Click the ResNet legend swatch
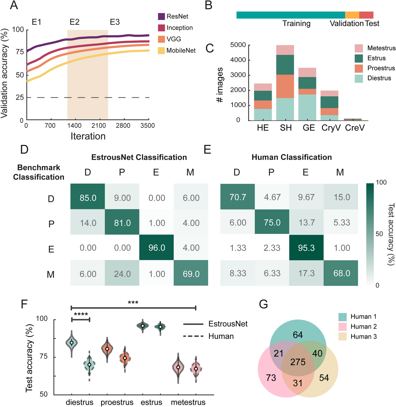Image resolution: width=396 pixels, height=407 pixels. pos(161,16)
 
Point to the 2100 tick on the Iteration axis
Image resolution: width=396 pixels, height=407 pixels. pos(99,125)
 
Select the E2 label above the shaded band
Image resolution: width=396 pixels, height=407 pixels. pos(74,22)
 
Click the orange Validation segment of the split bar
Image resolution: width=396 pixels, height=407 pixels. pos(352,15)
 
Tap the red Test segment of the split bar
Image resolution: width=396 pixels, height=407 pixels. pos(366,15)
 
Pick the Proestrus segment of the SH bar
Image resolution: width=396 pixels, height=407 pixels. pos(285,86)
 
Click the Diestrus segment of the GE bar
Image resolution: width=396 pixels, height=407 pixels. pos(307,107)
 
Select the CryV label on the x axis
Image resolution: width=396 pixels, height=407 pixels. pos(331,128)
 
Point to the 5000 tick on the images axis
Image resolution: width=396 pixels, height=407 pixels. pos(238,45)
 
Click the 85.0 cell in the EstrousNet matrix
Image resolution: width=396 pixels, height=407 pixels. pos(88,198)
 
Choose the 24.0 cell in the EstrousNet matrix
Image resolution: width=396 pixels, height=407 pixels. pos(122,274)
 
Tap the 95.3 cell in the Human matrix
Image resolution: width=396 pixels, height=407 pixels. pos(306,248)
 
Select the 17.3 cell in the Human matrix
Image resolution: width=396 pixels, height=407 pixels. pos(306,273)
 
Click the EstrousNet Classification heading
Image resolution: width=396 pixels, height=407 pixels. pos(139,157)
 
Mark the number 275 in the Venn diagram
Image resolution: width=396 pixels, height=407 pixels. pos(298,362)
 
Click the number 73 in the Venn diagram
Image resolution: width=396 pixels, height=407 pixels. pos(271,378)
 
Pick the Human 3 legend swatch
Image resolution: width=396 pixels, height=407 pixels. pos(342,337)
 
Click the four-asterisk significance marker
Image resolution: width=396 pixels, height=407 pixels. pos(81,314)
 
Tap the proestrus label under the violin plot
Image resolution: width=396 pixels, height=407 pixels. pos(117,402)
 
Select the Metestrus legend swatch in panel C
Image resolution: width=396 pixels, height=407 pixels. pos(359,48)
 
